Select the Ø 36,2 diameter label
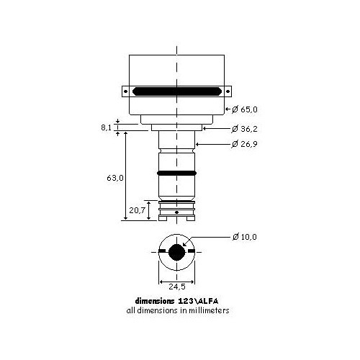pyautogui.click(x=243, y=129)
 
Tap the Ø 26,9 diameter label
pyautogui.click(x=243, y=145)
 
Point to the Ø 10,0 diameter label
pyautogui.click(x=243, y=236)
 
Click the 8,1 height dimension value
pyautogui.click(x=107, y=127)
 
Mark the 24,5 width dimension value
pyautogui.click(x=176, y=284)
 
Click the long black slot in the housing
pyautogui.click(x=176, y=92)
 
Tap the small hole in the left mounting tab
pyautogui.click(x=127, y=92)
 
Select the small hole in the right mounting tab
pyautogui.click(x=227, y=92)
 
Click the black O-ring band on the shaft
pyautogui.click(x=176, y=174)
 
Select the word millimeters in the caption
pyautogui.click(x=207, y=311)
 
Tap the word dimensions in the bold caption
pyautogui.click(x=156, y=301)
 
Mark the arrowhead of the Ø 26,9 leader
pyautogui.click(x=198, y=145)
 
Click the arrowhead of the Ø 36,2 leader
pyautogui.click(x=204, y=129)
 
